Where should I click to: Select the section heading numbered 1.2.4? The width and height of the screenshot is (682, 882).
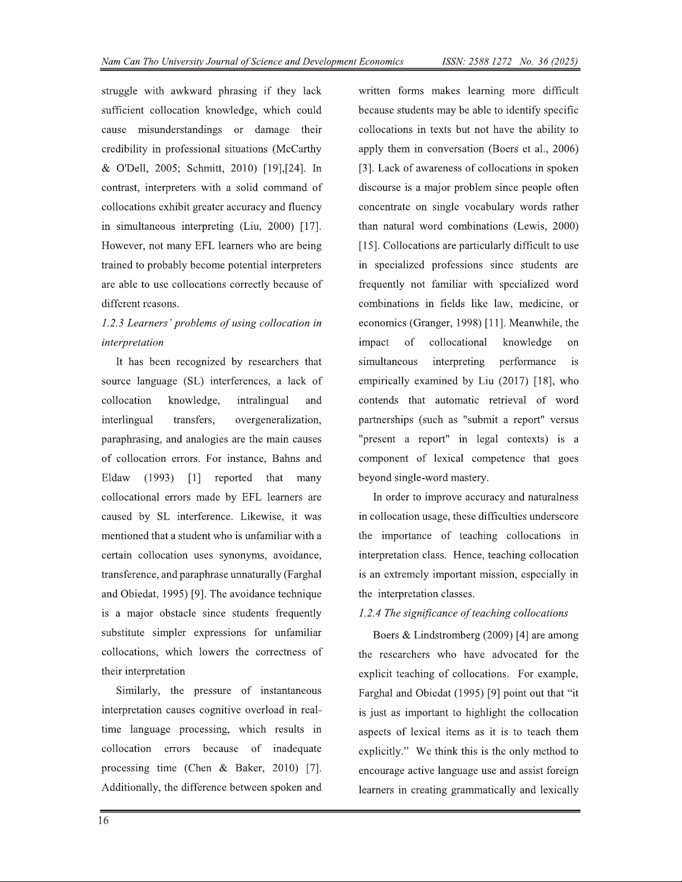[x=463, y=613]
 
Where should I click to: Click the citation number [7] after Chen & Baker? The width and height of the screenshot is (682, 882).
[x=314, y=768]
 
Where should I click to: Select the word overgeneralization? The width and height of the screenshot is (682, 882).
[x=278, y=420]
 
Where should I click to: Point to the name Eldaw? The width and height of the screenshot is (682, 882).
[x=116, y=478]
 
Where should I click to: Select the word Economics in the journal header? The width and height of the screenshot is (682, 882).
[x=381, y=61]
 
